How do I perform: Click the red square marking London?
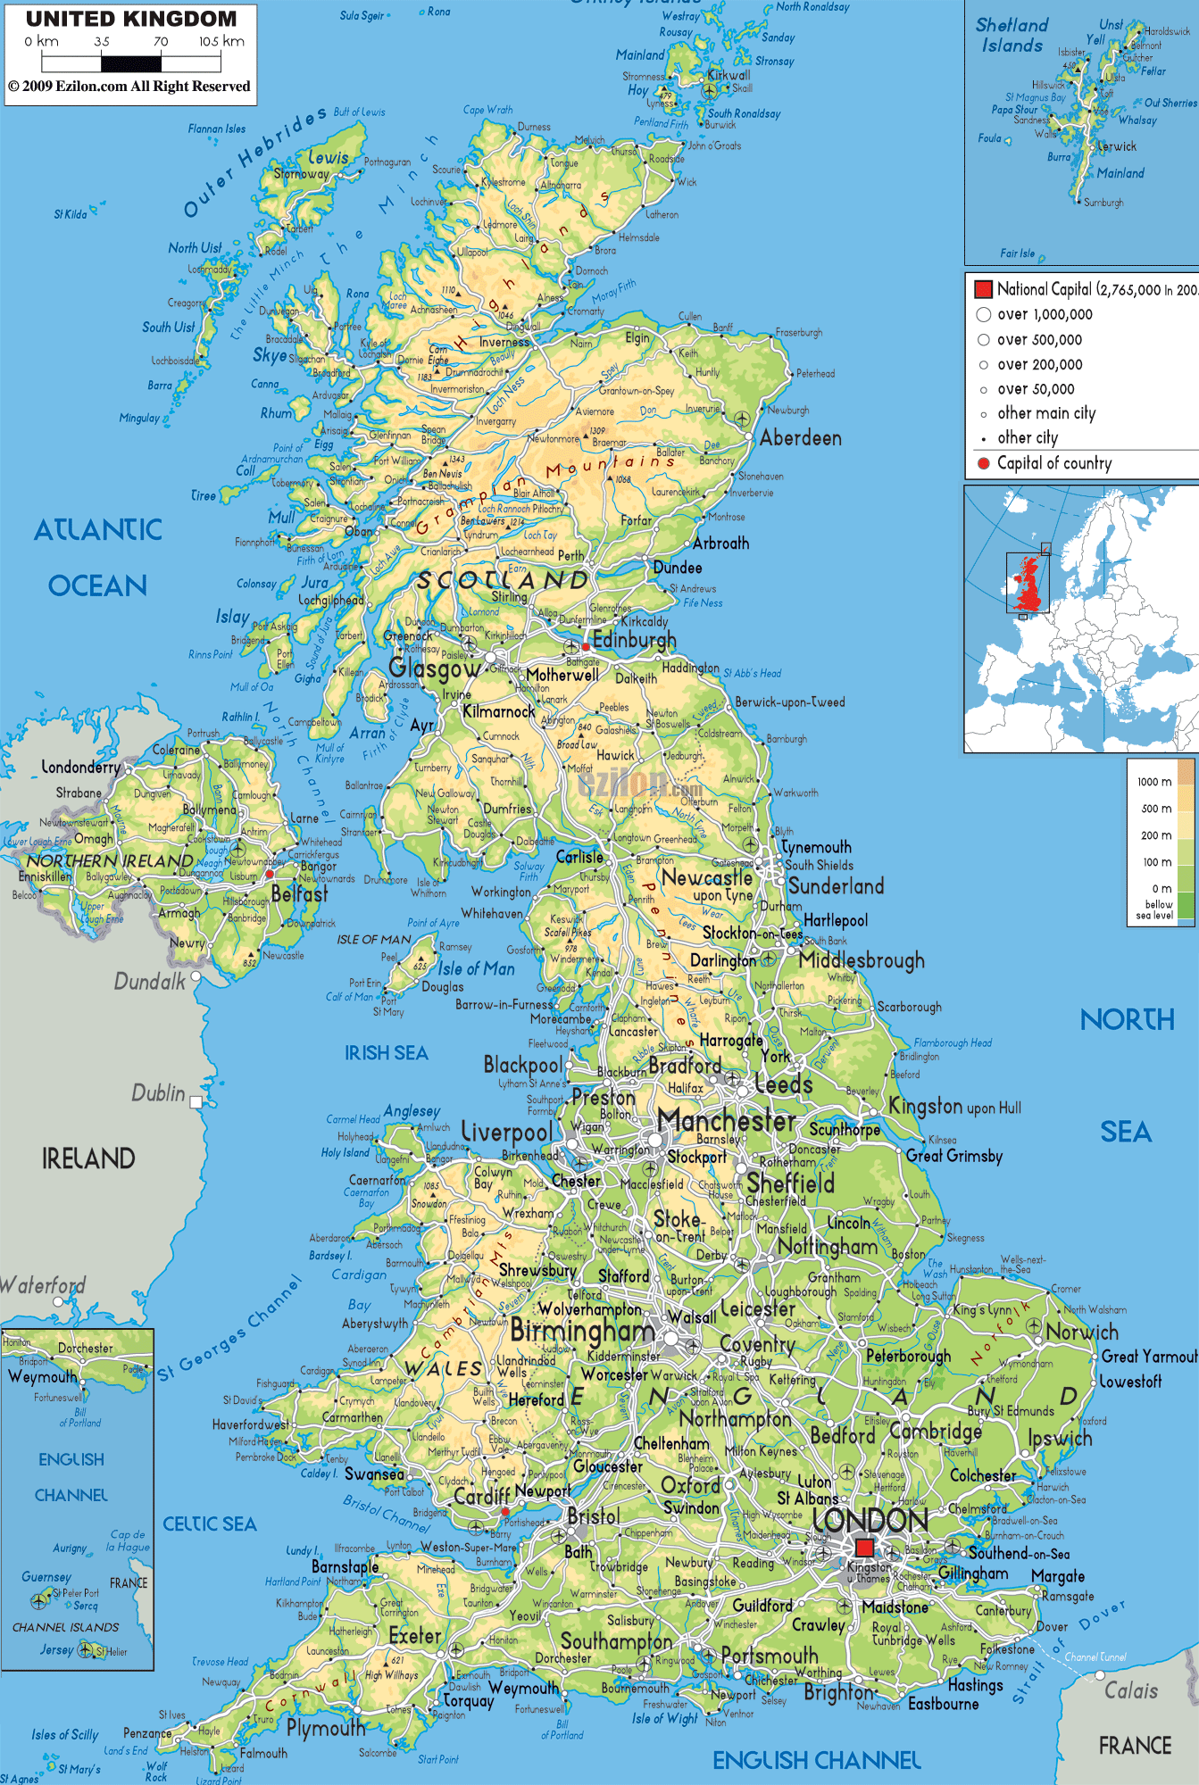[x=864, y=1548]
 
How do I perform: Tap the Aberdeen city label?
[x=800, y=438]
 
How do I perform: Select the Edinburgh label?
[x=634, y=640]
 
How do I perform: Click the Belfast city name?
[x=299, y=893]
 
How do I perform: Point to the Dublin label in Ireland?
[x=158, y=1093]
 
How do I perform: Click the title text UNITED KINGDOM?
[x=131, y=19]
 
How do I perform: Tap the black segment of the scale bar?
[x=131, y=63]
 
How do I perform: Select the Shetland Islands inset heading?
[x=1012, y=36]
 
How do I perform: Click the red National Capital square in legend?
[x=983, y=289]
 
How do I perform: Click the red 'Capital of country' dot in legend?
[x=983, y=463]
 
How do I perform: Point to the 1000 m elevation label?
[x=1153, y=782]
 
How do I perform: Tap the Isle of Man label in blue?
[x=476, y=969]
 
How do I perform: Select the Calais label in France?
[x=1130, y=1690]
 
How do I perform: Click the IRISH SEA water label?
[x=386, y=1053]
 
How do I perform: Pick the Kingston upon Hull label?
[x=954, y=1107]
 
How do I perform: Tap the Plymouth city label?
[x=326, y=1729]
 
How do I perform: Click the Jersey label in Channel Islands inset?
[x=56, y=1650]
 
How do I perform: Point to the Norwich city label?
[x=1082, y=1332]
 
